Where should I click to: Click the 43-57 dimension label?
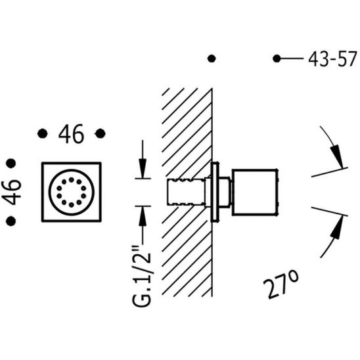tap(332, 59)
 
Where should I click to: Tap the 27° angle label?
tap(281, 284)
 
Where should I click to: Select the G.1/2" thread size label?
tap(142, 276)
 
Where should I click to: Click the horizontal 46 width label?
tap(71, 134)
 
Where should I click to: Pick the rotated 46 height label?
tap(11, 192)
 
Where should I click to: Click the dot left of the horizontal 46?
tap(43, 133)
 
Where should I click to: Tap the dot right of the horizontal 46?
tap(100, 133)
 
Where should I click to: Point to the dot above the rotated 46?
tap(11, 164)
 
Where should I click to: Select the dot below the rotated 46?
tap(11, 221)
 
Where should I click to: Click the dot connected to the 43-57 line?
tap(277, 58)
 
